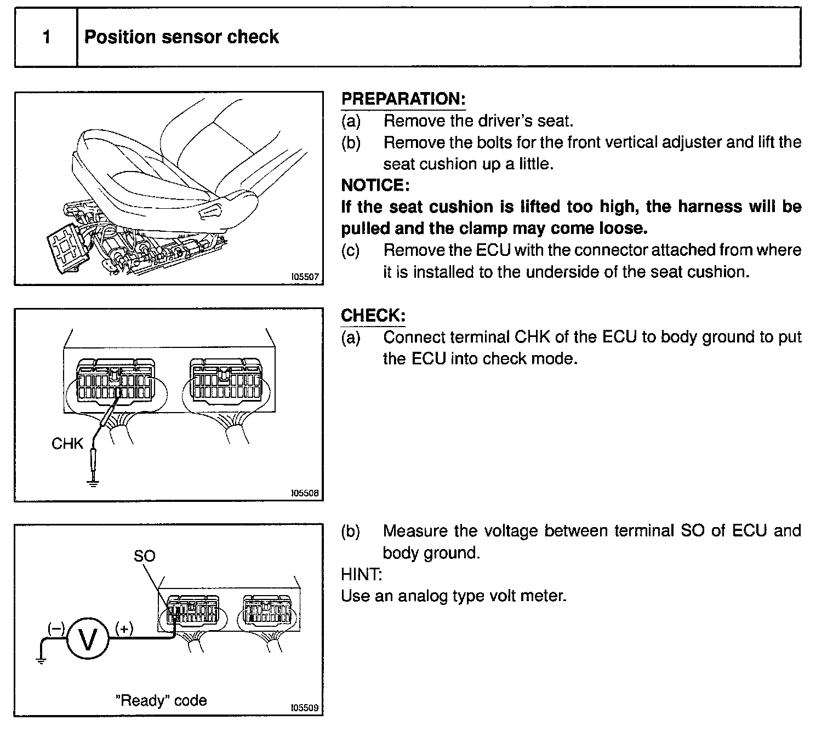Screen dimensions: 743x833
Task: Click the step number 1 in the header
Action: point(47,37)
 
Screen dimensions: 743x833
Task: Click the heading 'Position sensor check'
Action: point(181,37)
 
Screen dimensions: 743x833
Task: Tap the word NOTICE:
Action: point(375,185)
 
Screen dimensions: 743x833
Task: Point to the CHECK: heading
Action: point(373,315)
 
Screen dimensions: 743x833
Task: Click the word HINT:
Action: point(361,574)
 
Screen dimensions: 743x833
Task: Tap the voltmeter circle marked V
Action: point(88,639)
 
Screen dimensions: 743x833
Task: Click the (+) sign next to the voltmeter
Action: point(124,628)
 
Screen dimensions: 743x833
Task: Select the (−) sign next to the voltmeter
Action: point(55,628)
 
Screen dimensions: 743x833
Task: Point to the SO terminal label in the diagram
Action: point(144,556)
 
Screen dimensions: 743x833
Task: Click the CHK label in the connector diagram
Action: point(67,443)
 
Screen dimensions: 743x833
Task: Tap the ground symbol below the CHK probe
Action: point(93,484)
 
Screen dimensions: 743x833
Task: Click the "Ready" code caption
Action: point(161,700)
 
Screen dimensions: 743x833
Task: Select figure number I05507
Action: point(305,277)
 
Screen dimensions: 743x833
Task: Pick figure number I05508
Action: point(305,493)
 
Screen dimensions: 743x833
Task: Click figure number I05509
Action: point(305,707)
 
